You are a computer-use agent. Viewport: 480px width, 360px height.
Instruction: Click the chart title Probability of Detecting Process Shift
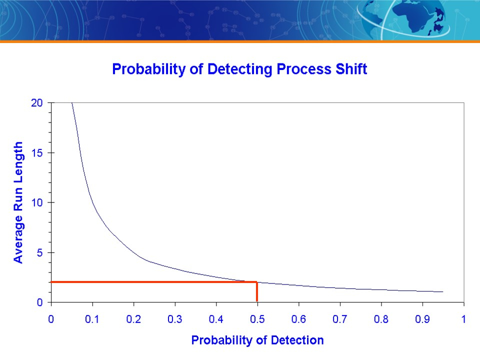[239, 69]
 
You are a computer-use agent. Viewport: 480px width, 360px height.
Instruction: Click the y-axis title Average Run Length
[18, 202]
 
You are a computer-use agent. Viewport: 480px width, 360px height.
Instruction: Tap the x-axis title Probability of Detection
[257, 340]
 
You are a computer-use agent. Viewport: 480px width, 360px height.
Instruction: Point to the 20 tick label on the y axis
[37, 103]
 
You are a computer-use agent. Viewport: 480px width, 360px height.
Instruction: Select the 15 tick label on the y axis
[37, 153]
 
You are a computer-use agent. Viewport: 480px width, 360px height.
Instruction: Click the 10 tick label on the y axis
[37, 202]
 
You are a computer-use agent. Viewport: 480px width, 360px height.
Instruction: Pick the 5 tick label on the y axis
[39, 253]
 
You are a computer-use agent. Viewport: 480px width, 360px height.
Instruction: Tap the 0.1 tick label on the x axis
[92, 319]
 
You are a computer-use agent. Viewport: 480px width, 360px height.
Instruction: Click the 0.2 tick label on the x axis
[133, 319]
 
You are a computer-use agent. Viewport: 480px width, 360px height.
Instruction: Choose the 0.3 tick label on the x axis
[175, 319]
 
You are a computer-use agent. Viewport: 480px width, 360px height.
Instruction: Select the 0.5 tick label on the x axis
[257, 319]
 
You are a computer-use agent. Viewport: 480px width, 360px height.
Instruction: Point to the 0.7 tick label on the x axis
[340, 319]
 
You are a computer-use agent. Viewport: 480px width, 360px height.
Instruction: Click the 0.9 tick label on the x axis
[422, 319]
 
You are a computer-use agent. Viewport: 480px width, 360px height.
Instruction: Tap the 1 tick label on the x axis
[464, 319]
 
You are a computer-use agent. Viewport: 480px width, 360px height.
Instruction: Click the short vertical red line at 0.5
[257, 291]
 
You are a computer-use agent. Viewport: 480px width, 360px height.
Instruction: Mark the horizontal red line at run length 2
[154, 282]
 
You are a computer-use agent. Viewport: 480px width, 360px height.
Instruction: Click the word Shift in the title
[351, 69]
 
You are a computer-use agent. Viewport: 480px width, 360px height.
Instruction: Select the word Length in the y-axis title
[18, 162]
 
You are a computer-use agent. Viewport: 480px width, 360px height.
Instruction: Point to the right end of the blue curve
[443, 291]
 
